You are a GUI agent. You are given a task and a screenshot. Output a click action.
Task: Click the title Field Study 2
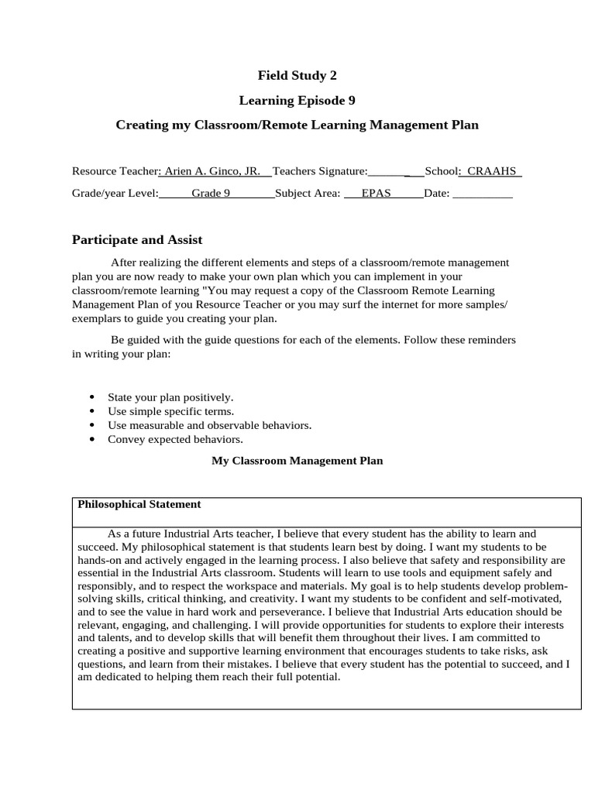coord(297,75)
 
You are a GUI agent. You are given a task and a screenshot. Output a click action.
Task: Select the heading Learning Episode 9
coord(297,100)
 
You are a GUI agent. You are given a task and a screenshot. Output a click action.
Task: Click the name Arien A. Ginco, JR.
coord(213,171)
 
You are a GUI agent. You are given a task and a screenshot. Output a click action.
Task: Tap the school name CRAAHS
coord(491,171)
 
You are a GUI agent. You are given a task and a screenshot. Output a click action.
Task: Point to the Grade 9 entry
coord(211,194)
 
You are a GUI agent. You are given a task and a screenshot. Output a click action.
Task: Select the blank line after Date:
coord(482,194)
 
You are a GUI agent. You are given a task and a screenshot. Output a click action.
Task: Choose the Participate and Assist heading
coord(137,240)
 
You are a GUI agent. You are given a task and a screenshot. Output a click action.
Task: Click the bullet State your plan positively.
coord(170,396)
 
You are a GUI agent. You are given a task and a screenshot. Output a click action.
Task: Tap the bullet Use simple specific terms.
coord(170,411)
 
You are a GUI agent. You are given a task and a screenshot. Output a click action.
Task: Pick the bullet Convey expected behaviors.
coord(170,439)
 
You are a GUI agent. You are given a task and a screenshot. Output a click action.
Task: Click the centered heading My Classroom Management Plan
coord(297,461)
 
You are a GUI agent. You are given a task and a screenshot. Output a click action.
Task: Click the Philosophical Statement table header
coord(139,504)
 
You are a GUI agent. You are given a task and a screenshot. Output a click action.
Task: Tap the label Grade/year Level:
coord(115,194)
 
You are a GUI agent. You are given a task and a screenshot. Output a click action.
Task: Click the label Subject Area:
coord(308,194)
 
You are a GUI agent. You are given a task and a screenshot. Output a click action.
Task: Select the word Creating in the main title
coord(140,125)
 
